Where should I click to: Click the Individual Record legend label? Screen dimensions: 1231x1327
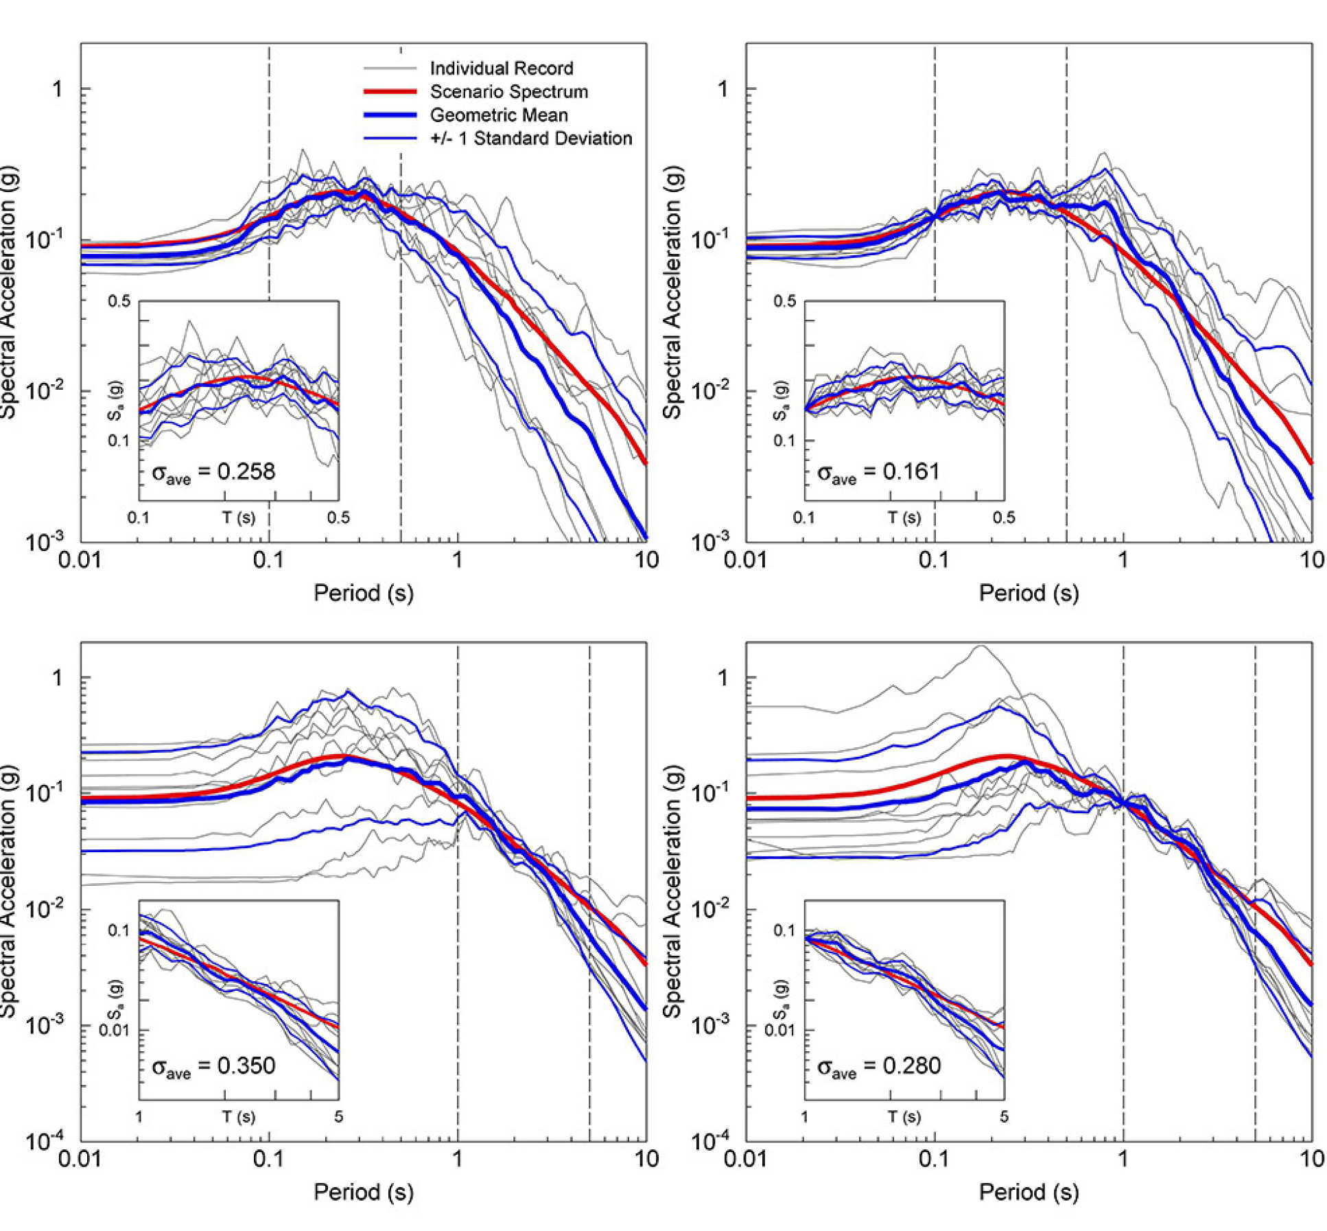click(x=501, y=69)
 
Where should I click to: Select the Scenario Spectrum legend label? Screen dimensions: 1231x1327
click(x=508, y=92)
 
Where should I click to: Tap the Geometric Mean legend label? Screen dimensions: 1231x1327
click(x=499, y=115)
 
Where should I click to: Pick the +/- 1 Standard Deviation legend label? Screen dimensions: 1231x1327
click(x=530, y=139)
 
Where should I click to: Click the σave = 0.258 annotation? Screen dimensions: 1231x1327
click(x=213, y=472)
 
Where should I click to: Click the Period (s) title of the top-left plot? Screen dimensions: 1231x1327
click(x=363, y=593)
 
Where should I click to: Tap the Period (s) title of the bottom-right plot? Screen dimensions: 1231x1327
click(x=1029, y=1192)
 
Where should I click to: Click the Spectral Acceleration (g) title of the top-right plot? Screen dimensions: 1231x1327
click(x=672, y=292)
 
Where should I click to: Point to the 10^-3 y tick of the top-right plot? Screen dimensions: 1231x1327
click(x=710, y=542)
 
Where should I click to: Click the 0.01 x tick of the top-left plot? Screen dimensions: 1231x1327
click(x=80, y=561)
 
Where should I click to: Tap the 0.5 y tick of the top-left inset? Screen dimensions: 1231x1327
click(x=119, y=301)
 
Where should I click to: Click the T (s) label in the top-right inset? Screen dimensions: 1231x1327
click(x=904, y=517)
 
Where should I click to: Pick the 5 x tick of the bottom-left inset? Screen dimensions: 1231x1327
click(x=338, y=1117)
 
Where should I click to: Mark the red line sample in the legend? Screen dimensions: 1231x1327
click(x=390, y=92)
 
